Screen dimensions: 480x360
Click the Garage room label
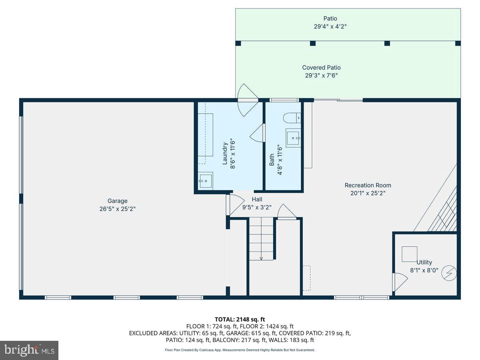click(118, 201)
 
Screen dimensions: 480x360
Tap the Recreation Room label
click(368, 185)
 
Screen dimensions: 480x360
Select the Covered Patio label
click(321, 68)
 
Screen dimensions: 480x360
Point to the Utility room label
click(424, 262)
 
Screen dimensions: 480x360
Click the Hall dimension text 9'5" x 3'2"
click(257, 207)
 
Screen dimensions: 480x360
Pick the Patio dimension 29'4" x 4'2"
click(330, 27)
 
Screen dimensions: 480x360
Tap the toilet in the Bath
click(292, 118)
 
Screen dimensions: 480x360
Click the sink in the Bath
click(293, 138)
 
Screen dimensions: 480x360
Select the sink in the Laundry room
click(206, 181)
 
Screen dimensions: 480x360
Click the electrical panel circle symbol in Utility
click(449, 273)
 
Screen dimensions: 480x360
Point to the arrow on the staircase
click(261, 258)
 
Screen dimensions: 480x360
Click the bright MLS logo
click(29, 350)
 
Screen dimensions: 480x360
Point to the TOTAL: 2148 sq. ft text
click(240, 319)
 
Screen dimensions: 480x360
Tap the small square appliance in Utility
click(409, 254)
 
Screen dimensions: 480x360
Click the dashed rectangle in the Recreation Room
click(306, 278)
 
